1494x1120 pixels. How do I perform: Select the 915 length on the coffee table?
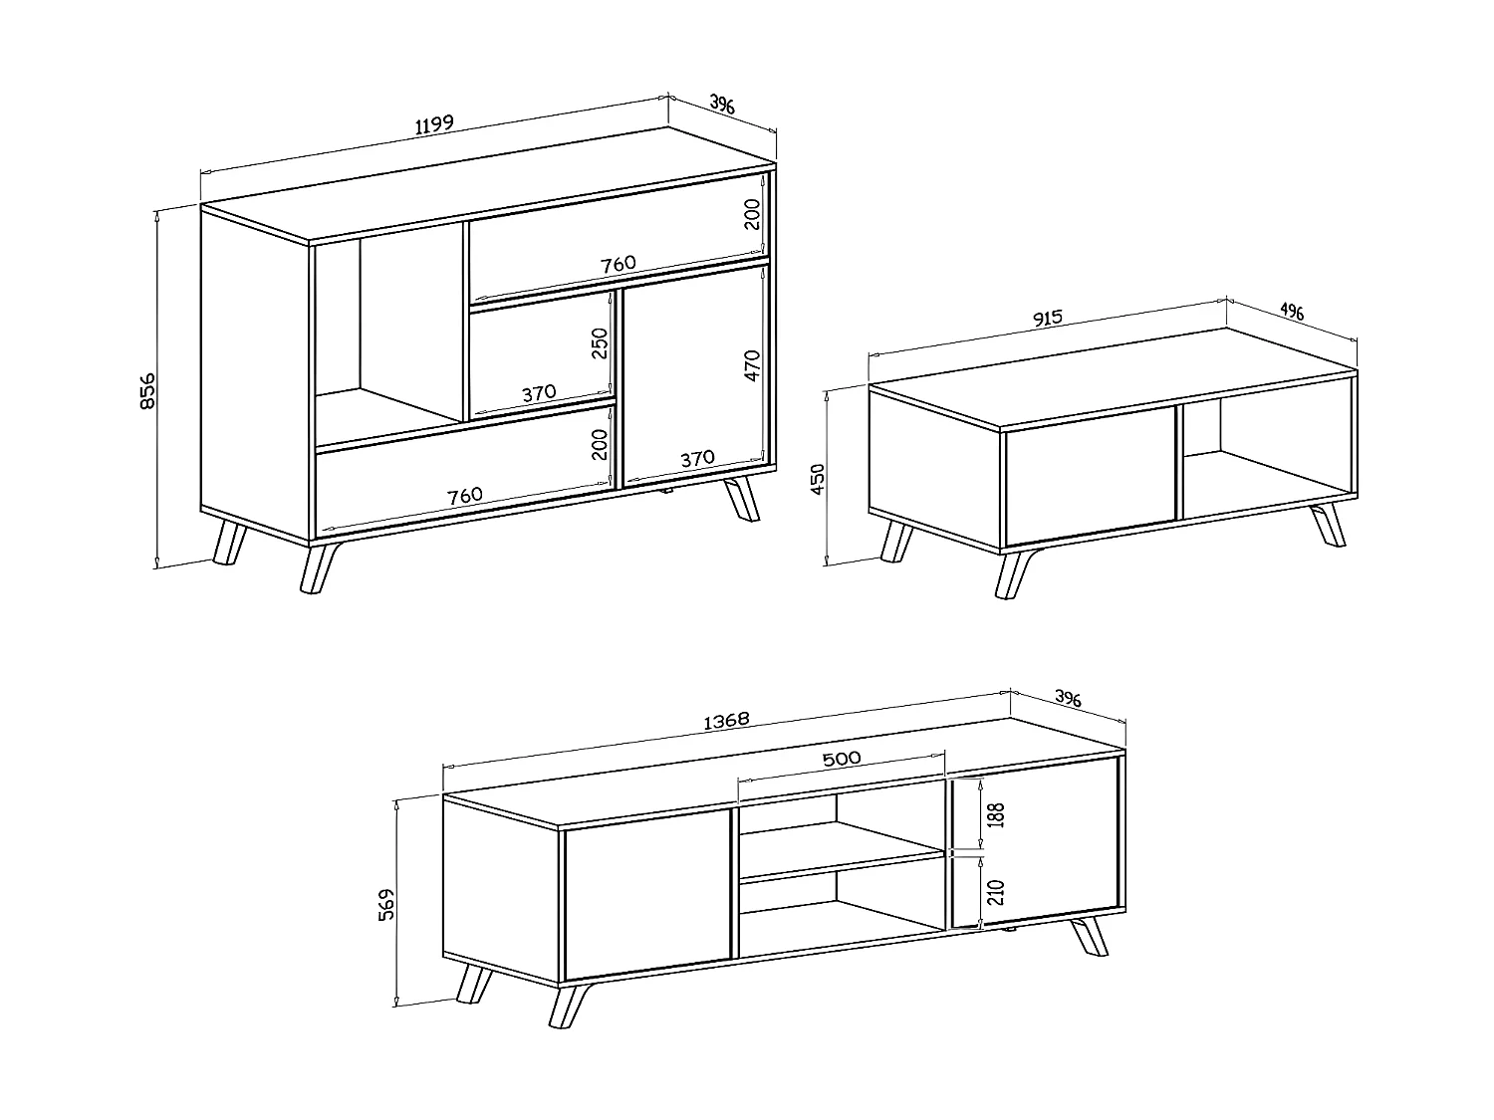(x=1048, y=318)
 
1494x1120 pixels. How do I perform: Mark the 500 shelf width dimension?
(x=842, y=758)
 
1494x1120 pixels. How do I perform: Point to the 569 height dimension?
(x=389, y=903)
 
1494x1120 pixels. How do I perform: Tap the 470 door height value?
(x=752, y=364)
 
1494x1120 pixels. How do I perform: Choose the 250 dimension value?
(x=600, y=344)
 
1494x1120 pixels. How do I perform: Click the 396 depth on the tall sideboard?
(x=722, y=104)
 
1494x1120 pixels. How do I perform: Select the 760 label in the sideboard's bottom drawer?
(x=465, y=494)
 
